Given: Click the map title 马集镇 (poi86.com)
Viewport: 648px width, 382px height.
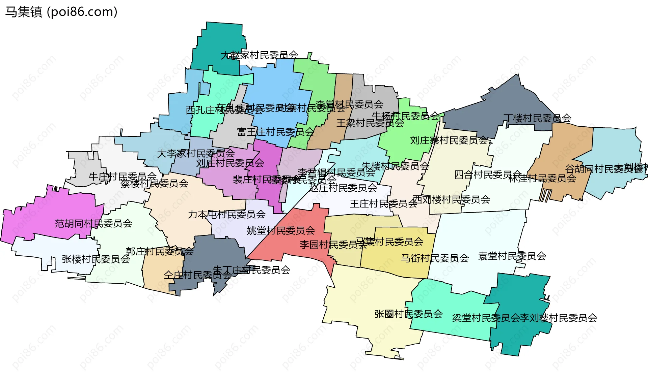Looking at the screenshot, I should tap(61, 12).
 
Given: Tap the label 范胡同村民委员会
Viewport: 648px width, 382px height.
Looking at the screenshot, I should tap(93, 223).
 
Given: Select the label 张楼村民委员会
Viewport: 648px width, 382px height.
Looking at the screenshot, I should tap(96, 259).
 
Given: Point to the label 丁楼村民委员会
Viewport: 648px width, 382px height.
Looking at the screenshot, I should tap(537, 118).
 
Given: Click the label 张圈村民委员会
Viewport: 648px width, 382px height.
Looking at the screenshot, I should tap(408, 314).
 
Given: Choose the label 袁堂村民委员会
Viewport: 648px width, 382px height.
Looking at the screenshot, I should tap(512, 256).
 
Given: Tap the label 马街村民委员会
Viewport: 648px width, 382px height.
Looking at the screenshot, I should tap(435, 258).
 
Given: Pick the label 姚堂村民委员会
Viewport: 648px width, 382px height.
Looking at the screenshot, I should tap(281, 230).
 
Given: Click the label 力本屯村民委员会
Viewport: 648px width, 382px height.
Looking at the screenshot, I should tap(227, 214).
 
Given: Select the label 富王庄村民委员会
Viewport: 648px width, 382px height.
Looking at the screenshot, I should tap(275, 132).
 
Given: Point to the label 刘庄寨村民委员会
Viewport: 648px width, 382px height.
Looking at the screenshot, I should tap(449, 140).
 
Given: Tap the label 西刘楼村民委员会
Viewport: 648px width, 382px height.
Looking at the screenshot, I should tap(451, 199).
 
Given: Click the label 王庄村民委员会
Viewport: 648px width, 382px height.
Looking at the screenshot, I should tap(383, 204).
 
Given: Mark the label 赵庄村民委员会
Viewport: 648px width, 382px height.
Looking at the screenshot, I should tap(343, 188).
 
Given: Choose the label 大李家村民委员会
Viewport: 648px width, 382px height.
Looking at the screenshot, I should tap(196, 154).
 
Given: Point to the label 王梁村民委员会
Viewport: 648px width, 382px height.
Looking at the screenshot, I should tap(370, 123).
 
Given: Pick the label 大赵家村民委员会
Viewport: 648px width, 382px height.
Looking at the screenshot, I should tap(259, 55).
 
